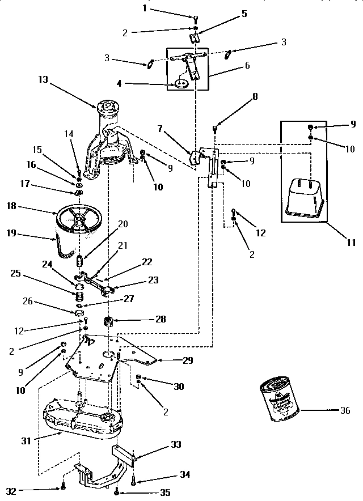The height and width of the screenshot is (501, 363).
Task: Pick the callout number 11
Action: (x=351, y=243)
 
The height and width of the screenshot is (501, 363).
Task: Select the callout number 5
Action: (x=244, y=14)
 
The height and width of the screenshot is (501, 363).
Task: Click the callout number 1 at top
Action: (x=144, y=9)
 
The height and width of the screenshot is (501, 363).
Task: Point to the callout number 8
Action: (x=255, y=97)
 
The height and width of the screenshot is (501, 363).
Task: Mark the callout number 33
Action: (x=177, y=445)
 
